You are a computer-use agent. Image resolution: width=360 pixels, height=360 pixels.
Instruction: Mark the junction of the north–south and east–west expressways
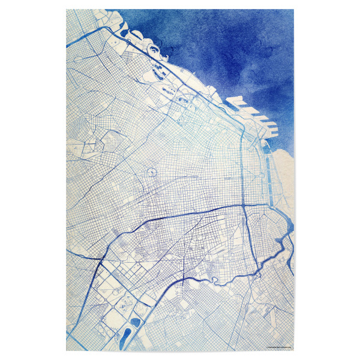tap(243, 205)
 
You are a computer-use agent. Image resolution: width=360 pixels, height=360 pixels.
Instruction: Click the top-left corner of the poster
tap(67, 10)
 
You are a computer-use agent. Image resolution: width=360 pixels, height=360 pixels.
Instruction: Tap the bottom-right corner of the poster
tap(294, 351)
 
